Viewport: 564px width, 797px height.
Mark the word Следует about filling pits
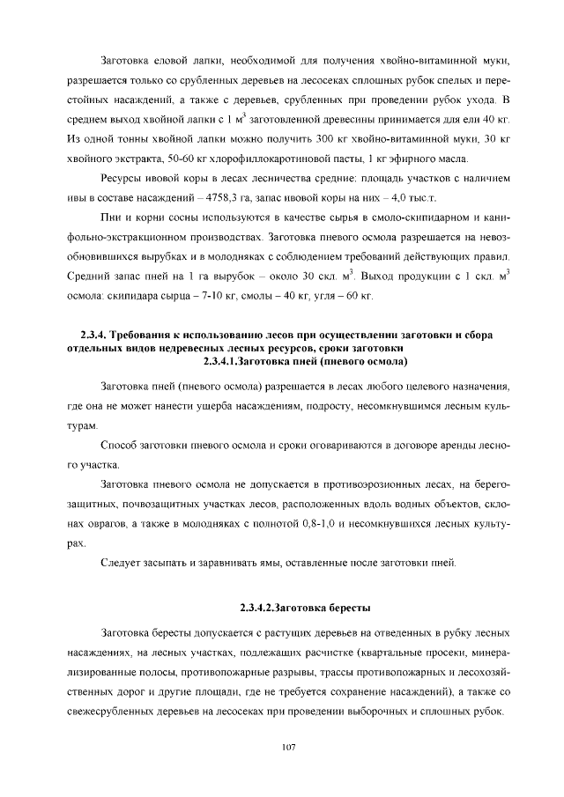[x=125, y=563]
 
